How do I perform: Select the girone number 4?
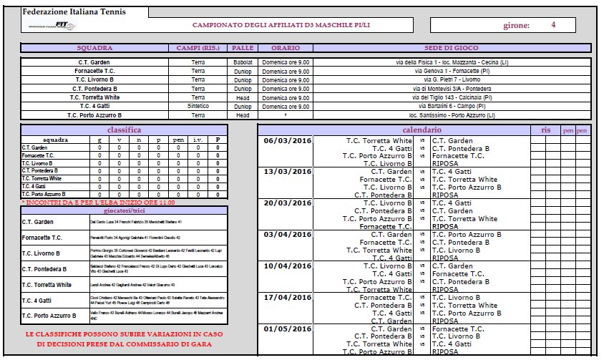553,24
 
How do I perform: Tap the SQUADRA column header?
94,48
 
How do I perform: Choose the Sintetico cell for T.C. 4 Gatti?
198,106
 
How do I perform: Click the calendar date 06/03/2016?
288,141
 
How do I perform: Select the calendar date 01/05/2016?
288,329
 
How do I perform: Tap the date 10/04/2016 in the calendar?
288,266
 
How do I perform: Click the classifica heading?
124,130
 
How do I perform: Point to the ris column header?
545,130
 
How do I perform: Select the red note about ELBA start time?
98,203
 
